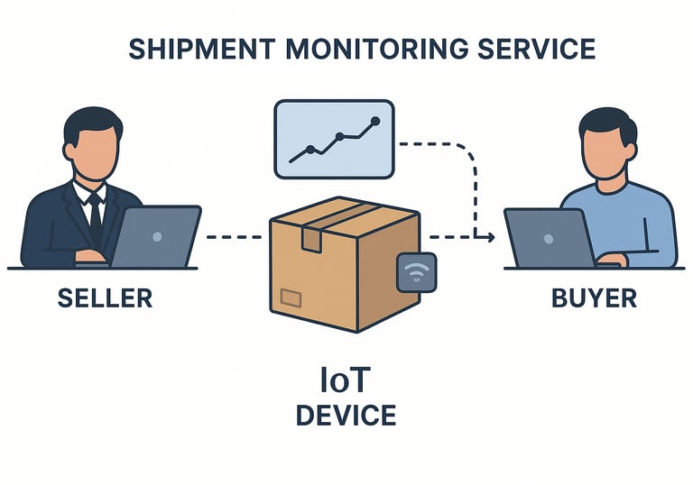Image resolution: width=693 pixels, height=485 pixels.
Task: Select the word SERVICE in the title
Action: [x=543, y=48]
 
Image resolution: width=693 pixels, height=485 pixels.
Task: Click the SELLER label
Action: [x=105, y=298]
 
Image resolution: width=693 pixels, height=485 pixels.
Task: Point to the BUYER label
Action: [x=594, y=298]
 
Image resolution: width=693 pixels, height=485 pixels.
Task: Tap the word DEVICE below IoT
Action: [x=346, y=416]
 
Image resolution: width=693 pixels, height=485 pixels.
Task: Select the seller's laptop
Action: [x=155, y=236]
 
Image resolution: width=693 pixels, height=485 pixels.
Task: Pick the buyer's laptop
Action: [x=548, y=238]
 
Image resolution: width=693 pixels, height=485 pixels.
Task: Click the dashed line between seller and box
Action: [x=236, y=237]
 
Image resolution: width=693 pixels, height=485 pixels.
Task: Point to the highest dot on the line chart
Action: [x=375, y=121]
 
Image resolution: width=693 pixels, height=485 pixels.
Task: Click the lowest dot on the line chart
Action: [x=310, y=150]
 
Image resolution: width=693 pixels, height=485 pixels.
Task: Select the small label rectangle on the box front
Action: [x=291, y=297]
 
